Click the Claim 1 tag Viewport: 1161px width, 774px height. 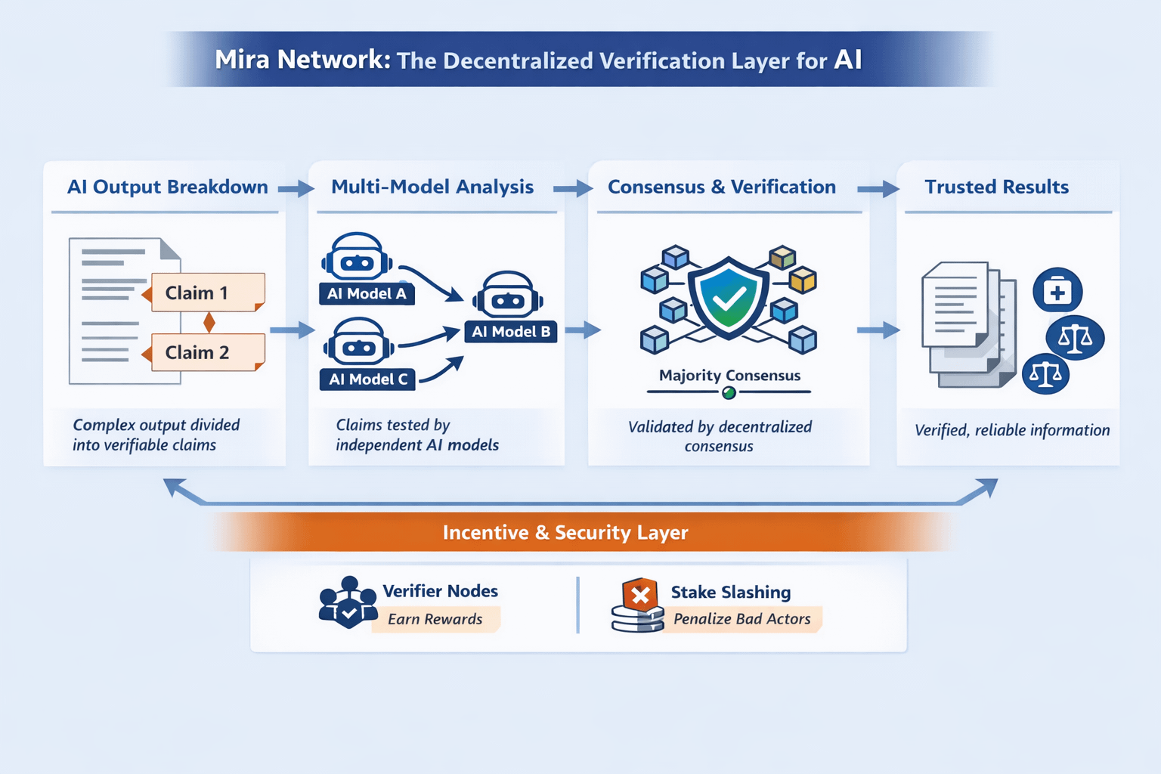tap(206, 293)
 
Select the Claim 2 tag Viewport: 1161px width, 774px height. tap(206, 352)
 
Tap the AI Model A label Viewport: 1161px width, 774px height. tap(367, 294)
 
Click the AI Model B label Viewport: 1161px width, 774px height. tap(511, 332)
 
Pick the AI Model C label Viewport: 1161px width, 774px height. tap(368, 379)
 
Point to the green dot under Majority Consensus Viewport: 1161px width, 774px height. tap(729, 392)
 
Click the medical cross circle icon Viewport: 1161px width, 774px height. tap(1057, 291)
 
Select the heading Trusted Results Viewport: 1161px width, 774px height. tap(996, 187)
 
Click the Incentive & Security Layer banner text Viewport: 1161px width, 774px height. tap(565, 533)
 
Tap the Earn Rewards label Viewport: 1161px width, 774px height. tap(435, 619)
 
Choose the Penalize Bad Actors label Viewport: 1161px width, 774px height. tap(741, 619)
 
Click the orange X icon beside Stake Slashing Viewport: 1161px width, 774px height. tap(640, 596)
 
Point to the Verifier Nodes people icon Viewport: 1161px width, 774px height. tap(348, 603)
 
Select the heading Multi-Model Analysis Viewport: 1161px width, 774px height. tap(432, 187)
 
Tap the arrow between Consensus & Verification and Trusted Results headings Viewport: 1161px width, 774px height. tap(878, 189)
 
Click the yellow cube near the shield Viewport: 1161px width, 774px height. tap(803, 281)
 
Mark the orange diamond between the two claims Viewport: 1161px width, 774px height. tap(209, 323)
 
